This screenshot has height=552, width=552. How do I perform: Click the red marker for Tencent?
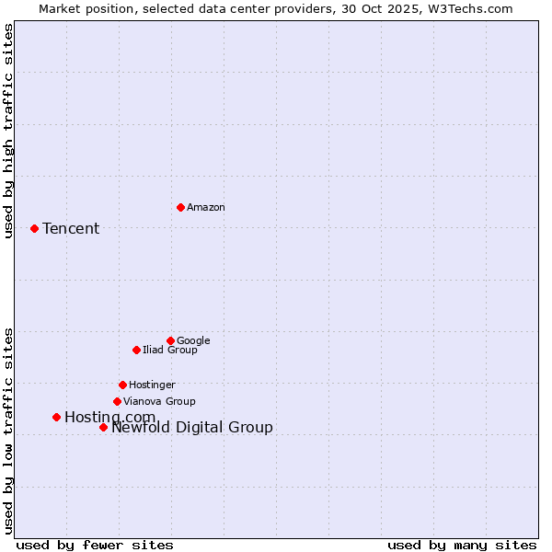[34, 228]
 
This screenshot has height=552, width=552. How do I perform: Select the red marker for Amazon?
[180, 207]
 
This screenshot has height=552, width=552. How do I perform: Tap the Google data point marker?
[170, 340]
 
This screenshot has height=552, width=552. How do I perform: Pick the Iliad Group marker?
[136, 350]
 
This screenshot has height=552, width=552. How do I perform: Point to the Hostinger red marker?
[122, 385]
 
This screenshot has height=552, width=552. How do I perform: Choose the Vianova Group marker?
[117, 401]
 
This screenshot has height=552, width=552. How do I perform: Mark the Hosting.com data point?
[56, 417]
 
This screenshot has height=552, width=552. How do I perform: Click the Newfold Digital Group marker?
[103, 427]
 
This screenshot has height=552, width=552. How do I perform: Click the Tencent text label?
[71, 228]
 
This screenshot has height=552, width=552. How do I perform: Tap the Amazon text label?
[206, 207]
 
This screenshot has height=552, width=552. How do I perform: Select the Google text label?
[193, 340]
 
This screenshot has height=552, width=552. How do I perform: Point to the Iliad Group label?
[170, 350]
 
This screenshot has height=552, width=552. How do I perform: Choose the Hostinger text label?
[152, 385]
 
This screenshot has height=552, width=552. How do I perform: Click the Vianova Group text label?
[159, 401]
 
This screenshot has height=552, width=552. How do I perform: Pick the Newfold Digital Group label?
[192, 427]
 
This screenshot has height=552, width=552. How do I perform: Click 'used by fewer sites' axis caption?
[95, 545]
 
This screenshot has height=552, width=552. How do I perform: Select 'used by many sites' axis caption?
[462, 545]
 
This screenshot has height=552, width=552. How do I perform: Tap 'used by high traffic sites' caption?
[8, 131]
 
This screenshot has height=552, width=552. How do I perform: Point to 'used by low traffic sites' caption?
[8, 431]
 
